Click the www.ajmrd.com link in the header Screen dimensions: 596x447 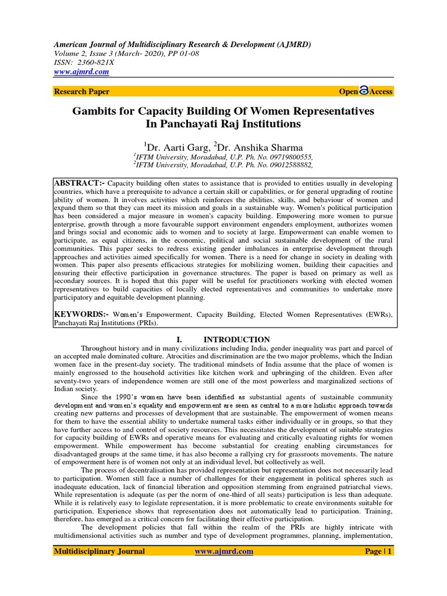81,72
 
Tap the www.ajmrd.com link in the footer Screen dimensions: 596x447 223,552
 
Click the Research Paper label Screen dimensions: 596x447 81,91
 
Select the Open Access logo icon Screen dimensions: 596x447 364,91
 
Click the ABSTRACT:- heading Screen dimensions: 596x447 80,183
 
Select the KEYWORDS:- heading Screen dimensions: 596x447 81,314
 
